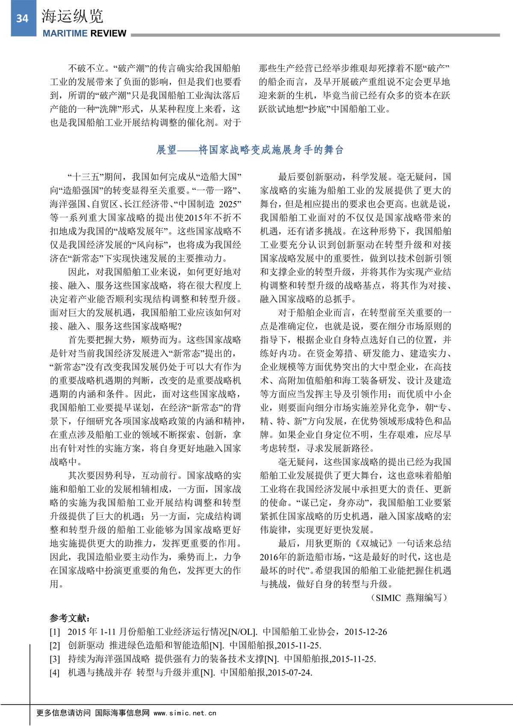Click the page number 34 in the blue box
tap(22, 18)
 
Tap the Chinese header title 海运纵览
tap(72, 16)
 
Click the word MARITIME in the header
tap(65, 33)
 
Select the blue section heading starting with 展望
tap(250, 150)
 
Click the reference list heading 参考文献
tap(70, 618)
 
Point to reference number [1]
tap(55, 632)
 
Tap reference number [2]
tap(55, 646)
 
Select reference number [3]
tap(55, 659)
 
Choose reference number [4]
tap(55, 673)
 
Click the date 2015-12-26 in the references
tap(366, 632)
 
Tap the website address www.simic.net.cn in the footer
tap(185, 713)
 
